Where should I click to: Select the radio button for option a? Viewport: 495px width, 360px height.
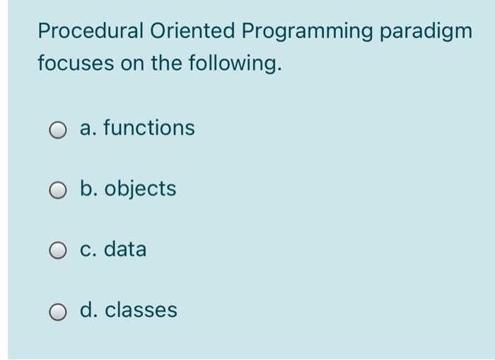click(x=58, y=130)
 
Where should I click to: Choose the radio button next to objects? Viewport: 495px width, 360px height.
click(x=58, y=190)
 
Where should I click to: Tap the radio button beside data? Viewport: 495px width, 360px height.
click(x=58, y=250)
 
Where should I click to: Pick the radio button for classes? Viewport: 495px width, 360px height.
click(x=58, y=312)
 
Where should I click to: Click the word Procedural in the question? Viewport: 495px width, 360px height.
click(x=91, y=30)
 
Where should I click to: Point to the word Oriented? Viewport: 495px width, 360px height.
click(x=192, y=30)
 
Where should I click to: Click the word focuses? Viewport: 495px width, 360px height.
click(x=76, y=63)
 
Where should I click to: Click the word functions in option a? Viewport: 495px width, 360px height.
click(x=149, y=127)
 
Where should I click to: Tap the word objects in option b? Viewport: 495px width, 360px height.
click(x=140, y=190)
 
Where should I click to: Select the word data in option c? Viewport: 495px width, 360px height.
click(x=125, y=248)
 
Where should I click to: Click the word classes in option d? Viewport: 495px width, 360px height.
click(x=141, y=310)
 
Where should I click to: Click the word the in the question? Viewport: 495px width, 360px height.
click(x=167, y=63)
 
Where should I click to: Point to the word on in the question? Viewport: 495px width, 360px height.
click(x=133, y=64)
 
